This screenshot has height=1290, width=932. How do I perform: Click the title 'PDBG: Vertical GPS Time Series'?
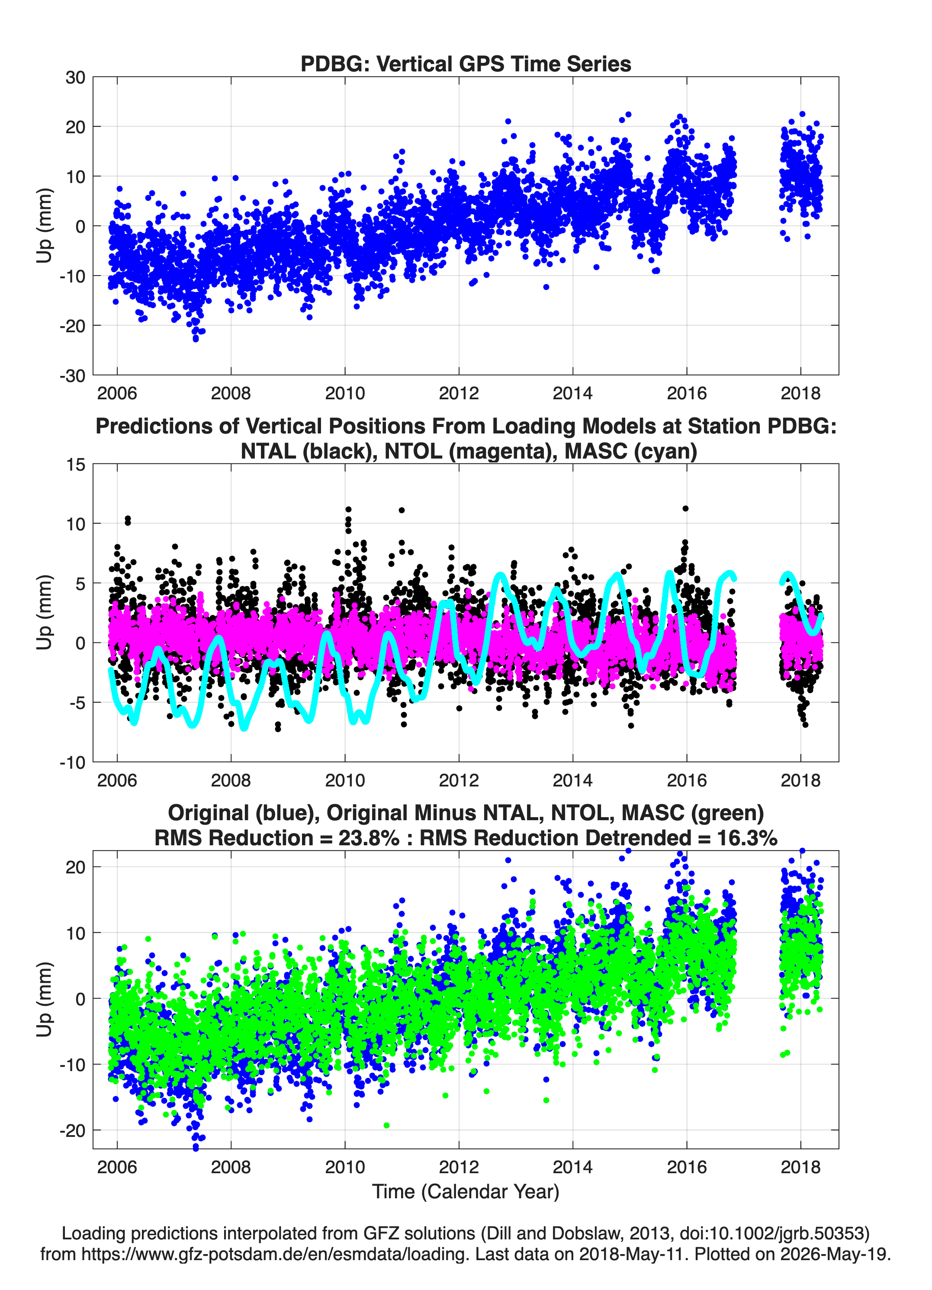tap(466, 64)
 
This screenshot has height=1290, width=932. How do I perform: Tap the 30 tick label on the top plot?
tap(75, 77)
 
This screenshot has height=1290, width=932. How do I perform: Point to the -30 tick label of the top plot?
tap(72, 375)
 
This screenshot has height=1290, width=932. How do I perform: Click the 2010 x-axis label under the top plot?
tap(345, 393)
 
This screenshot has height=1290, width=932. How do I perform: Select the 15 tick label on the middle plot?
tap(76, 465)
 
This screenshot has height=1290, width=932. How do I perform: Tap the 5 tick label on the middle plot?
tap(80, 584)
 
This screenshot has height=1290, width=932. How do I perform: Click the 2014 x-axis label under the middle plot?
tap(572, 780)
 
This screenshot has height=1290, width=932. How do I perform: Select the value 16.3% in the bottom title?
tap(747, 838)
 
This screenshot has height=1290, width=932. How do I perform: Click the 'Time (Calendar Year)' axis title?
tap(466, 1191)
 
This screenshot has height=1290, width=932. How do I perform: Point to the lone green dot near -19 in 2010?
tap(387, 1125)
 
